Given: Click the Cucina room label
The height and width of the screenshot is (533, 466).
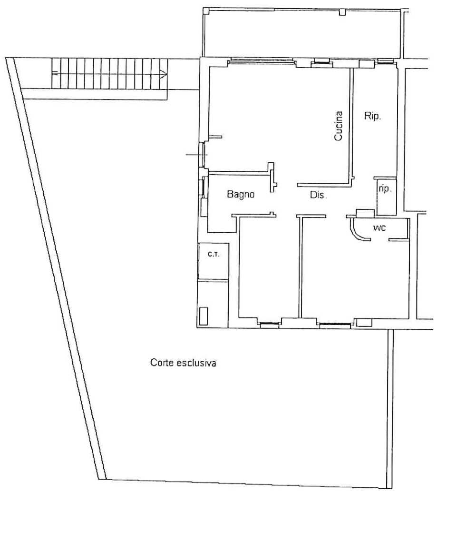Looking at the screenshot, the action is pos(338,126).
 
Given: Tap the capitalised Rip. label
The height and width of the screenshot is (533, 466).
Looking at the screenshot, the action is pos(373,116).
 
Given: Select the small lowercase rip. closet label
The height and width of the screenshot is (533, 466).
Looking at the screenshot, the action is pos(385,188).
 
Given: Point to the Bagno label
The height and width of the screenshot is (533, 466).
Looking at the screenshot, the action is pos(241,195).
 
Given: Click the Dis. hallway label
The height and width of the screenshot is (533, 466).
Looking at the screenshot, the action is pos(318,195).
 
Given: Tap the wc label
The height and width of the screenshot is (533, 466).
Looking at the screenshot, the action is pos(379,228).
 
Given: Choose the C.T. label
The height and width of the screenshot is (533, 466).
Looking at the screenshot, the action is pos(214,254).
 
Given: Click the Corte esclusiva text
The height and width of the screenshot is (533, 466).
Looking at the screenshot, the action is pos(183,363).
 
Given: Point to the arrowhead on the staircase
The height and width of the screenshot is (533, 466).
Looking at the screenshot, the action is pos(164,74).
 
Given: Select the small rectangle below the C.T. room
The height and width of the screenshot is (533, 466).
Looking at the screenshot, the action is pos(204,316).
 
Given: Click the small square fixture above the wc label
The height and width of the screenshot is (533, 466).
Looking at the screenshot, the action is pos(365,213).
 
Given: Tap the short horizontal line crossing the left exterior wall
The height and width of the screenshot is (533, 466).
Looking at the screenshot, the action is pos(197,155).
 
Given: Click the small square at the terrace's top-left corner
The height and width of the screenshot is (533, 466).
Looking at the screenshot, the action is pos(206,11).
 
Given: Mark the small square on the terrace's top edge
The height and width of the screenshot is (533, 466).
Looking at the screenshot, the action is pos(342,12).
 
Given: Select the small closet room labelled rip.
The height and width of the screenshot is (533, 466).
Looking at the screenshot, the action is pos(387,197).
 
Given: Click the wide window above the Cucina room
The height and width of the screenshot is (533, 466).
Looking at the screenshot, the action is pos(261,61).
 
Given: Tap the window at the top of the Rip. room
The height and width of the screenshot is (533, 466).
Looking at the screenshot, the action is pos(385,61).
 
